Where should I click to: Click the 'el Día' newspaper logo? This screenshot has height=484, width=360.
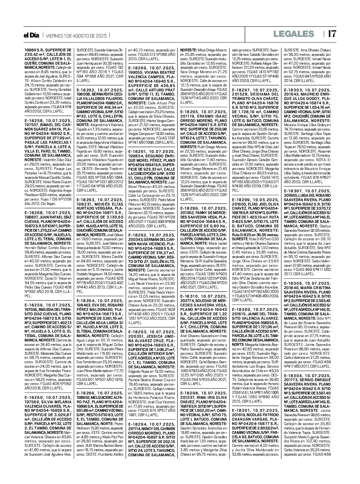coord(32,35)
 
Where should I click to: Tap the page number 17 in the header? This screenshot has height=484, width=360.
coord(332,34)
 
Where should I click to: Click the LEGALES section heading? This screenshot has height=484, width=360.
coord(293,34)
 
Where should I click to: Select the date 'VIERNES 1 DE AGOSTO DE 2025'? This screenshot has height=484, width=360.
coord(76,36)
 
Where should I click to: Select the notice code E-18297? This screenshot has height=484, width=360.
coord(243,90)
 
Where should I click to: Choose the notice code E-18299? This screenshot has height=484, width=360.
coord(243,200)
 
